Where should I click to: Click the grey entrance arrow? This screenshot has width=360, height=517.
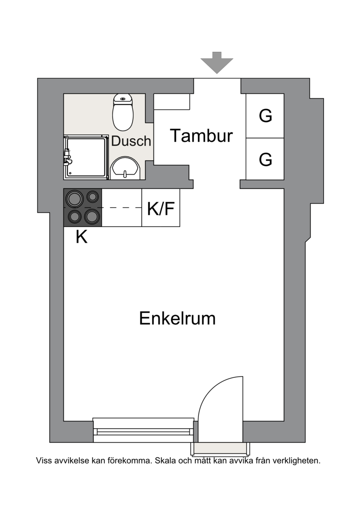(x=217, y=63)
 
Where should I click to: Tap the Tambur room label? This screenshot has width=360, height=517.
(x=201, y=136)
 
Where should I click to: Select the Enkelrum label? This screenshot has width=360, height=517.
(x=177, y=318)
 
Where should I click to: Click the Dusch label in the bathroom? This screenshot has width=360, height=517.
(x=131, y=141)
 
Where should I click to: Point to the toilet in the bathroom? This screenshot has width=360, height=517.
(x=123, y=112)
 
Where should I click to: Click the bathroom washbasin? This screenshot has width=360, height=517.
(x=125, y=168)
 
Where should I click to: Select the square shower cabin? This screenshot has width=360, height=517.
(x=86, y=157)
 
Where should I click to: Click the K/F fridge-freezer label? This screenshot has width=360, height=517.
(x=161, y=209)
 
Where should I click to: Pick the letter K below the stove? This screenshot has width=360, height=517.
(x=81, y=237)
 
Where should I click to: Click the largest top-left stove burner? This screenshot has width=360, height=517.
(x=74, y=199)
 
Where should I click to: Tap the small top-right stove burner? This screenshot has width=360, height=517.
(x=93, y=197)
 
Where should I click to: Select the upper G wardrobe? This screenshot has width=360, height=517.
(x=265, y=116)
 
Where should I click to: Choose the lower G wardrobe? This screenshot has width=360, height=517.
(x=265, y=159)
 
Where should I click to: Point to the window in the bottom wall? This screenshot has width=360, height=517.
(x=143, y=430)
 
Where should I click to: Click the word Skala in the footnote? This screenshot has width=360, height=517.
(x=166, y=461)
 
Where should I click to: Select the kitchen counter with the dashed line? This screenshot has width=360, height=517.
(x=122, y=208)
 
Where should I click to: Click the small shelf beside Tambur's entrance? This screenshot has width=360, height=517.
(x=172, y=102)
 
